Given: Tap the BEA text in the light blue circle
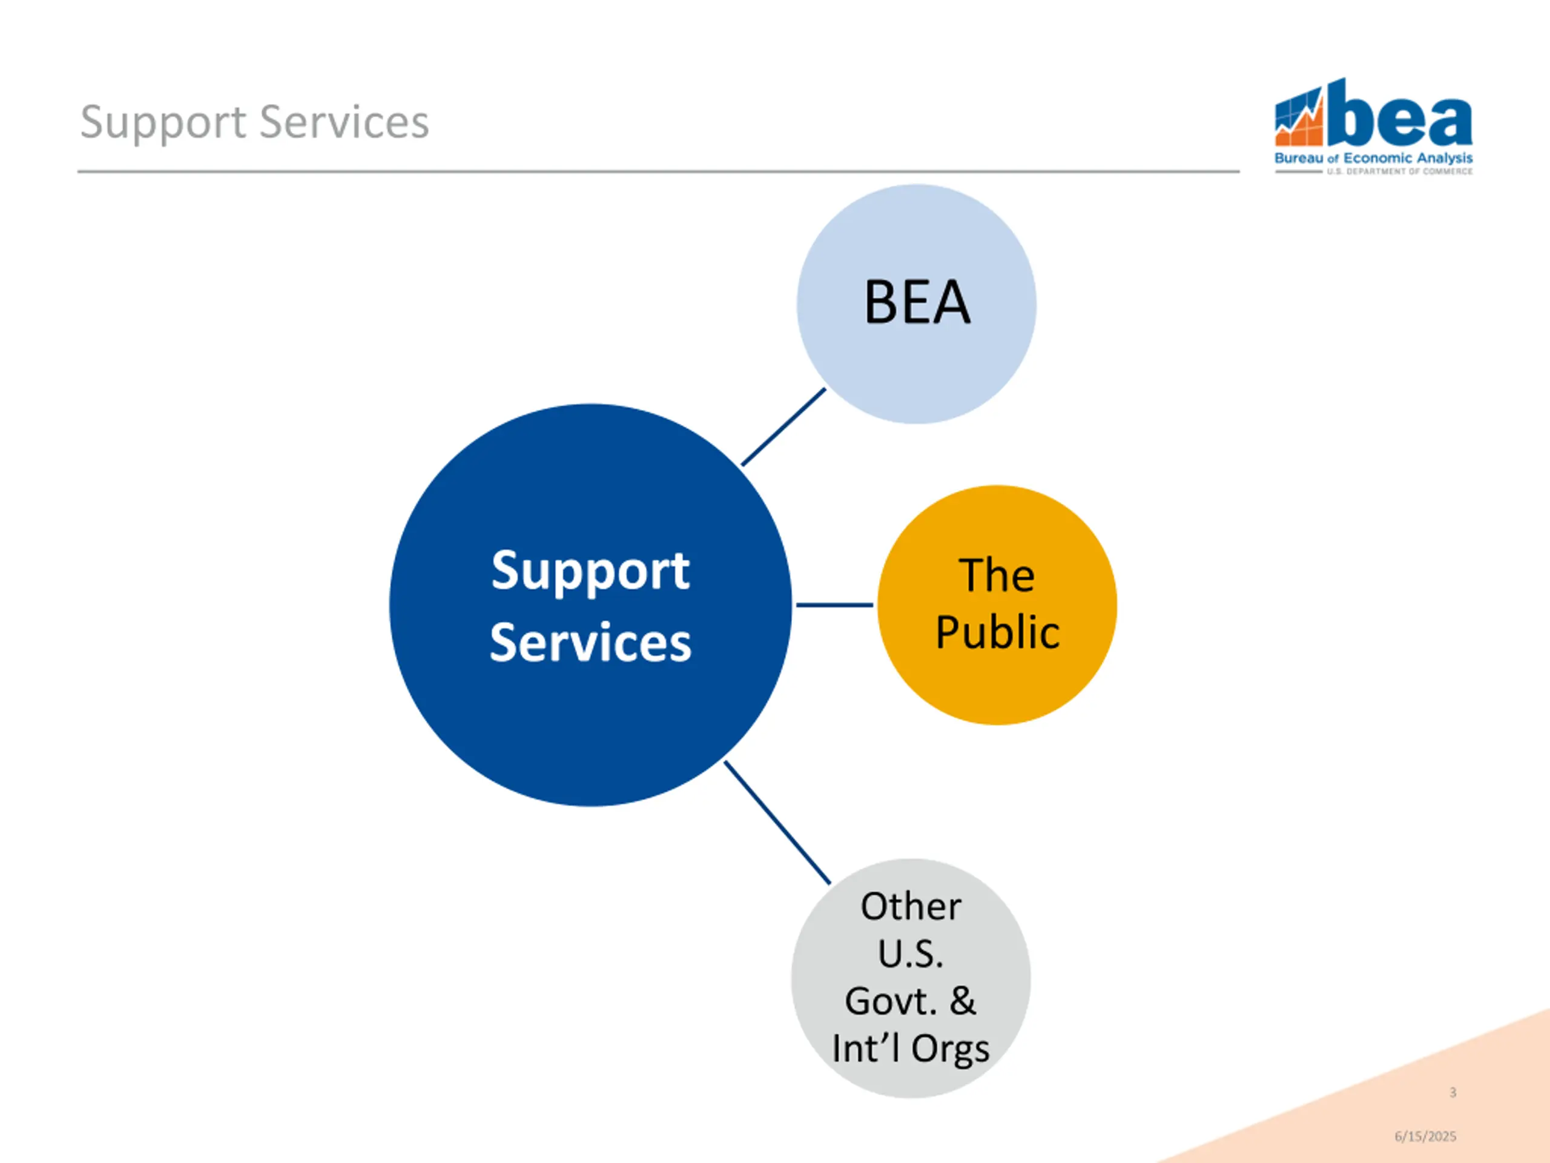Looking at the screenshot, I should tap(917, 303).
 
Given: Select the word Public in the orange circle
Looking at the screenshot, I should tap(997, 632).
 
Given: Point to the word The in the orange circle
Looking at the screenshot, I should tap(997, 575).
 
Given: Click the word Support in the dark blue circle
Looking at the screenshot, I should tap(590, 571).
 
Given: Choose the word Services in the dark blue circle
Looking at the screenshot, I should tap(590, 642).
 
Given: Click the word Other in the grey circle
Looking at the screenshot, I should tap(910, 906).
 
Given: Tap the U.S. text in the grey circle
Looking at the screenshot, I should tap(910, 954).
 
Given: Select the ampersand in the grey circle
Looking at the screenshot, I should tap(962, 1001).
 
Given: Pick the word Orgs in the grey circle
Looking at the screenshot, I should tap(950, 1049).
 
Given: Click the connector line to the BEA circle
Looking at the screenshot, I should tap(783, 427).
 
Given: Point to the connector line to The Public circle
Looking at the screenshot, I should tap(834, 605).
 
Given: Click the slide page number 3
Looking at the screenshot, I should tap(1453, 1092).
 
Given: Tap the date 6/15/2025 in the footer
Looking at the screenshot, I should tap(1425, 1136).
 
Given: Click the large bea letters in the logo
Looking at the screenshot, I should tap(1399, 119).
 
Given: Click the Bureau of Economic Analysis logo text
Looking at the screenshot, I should tap(1373, 159).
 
